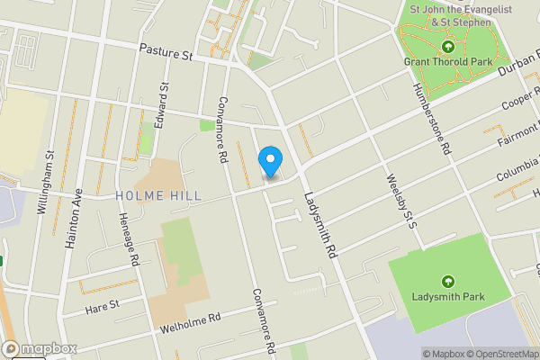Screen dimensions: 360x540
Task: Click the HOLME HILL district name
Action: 158,195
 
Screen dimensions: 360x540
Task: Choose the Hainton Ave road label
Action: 74,217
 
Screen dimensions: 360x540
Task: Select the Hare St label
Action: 102,307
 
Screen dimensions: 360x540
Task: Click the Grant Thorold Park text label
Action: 447,62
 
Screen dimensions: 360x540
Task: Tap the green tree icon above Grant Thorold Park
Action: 448,46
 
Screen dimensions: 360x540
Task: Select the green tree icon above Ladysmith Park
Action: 449,281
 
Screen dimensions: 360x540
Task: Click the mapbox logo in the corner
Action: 38,349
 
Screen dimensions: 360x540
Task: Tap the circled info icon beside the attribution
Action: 416,353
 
